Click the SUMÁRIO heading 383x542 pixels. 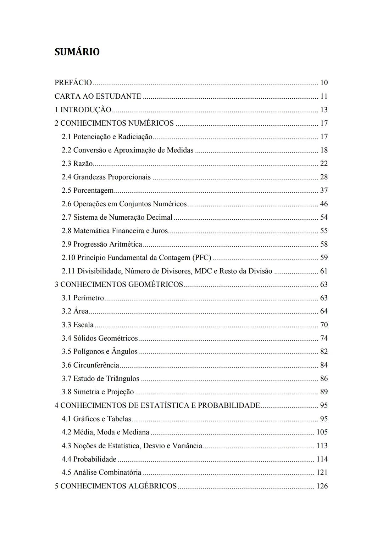77,52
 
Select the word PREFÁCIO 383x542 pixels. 73,83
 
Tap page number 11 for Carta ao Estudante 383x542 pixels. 324,96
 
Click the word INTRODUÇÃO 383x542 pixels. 86,110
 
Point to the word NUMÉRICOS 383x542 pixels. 151,123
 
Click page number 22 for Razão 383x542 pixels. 324,164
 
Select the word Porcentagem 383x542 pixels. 93,191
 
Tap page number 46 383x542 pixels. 324,204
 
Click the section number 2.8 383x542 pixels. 66,231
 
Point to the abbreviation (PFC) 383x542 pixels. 201,258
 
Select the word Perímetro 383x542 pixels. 88,298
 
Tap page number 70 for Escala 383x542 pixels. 324,325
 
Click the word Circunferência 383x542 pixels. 96,365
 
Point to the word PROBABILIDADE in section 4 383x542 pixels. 229,405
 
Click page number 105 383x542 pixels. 322,432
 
